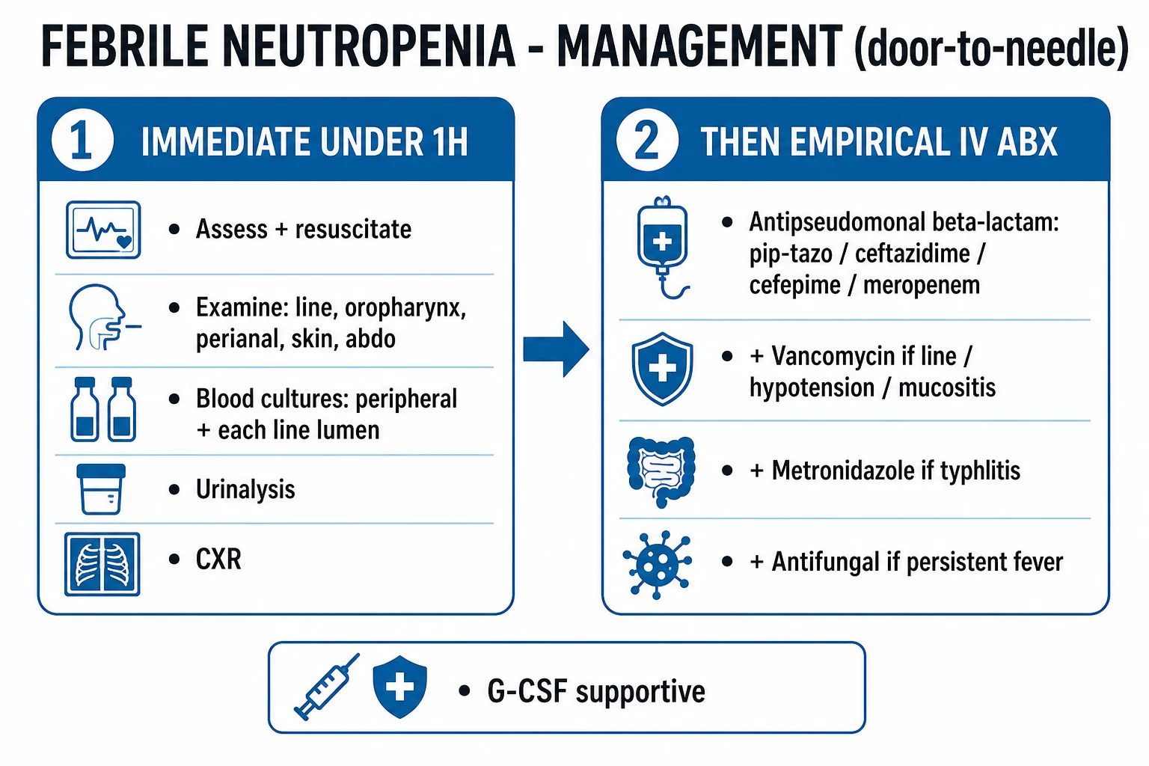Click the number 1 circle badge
[x=82, y=140]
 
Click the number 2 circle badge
[x=647, y=140]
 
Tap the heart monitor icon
[x=103, y=230]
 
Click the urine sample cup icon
[x=101, y=489]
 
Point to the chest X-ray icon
[x=102, y=564]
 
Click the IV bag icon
[x=663, y=248]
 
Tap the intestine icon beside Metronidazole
[x=662, y=471]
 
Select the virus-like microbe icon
[x=658, y=565]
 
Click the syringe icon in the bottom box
[x=327, y=687]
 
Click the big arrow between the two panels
[x=556, y=349]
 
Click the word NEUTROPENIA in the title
[x=369, y=46]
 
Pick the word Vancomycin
[x=864, y=356]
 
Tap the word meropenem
[x=922, y=285]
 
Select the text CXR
[x=218, y=560]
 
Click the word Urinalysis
[x=245, y=489]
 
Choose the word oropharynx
[x=405, y=309]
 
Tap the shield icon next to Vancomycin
[x=662, y=369]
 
